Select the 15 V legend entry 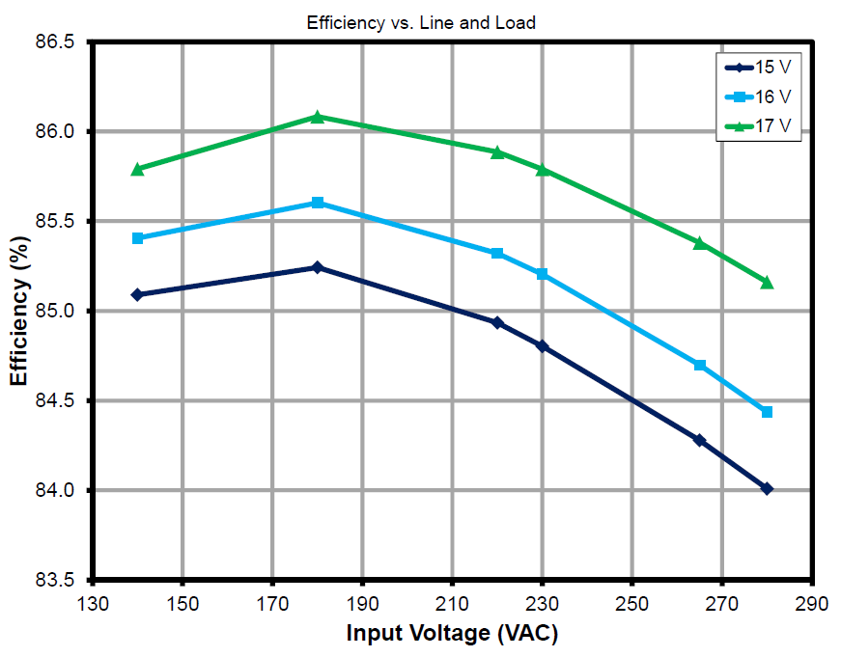(764, 68)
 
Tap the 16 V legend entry (764, 96)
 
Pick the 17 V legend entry (764, 126)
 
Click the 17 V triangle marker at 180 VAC (318, 117)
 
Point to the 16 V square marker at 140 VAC (137, 238)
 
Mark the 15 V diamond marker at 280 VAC (767, 489)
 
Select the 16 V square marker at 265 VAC (700, 365)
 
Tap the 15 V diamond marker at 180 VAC (318, 267)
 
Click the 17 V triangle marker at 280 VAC (767, 282)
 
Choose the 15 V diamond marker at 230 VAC (542, 345)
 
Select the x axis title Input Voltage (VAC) (452, 633)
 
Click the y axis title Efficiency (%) (19, 312)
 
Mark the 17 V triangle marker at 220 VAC (497, 151)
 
